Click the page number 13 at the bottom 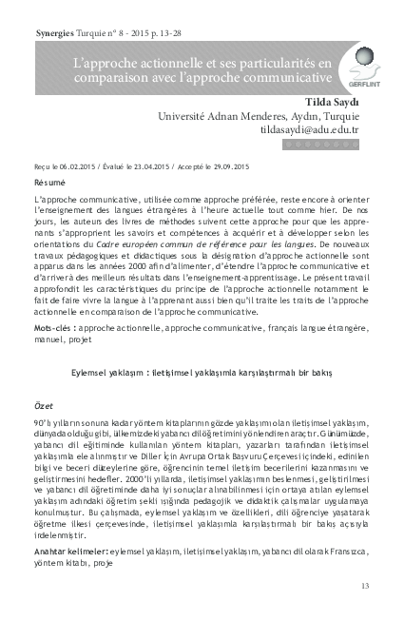click(365, 585)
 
